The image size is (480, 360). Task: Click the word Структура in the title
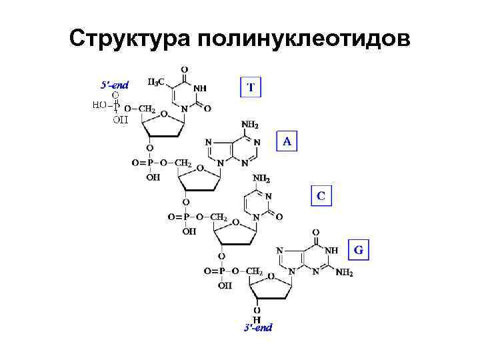[x=129, y=38]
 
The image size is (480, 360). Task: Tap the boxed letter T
[x=251, y=87]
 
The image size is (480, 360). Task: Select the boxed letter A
[x=287, y=141]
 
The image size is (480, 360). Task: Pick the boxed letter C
[x=321, y=196]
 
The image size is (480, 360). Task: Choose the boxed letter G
[x=359, y=251]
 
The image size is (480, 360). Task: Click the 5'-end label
[x=115, y=84]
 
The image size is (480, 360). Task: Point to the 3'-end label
[x=257, y=327]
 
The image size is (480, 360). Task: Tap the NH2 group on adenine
[x=250, y=125]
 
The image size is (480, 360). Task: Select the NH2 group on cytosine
[x=261, y=179]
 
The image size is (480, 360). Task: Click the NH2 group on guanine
[x=344, y=273]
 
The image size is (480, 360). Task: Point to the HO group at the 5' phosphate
[x=99, y=105]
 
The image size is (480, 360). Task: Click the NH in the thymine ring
[x=199, y=87]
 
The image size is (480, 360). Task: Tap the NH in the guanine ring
[x=331, y=251]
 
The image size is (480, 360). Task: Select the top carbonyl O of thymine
[x=184, y=68]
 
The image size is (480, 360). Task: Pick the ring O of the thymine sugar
[x=163, y=114]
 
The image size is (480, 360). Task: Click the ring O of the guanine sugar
[x=271, y=276]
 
